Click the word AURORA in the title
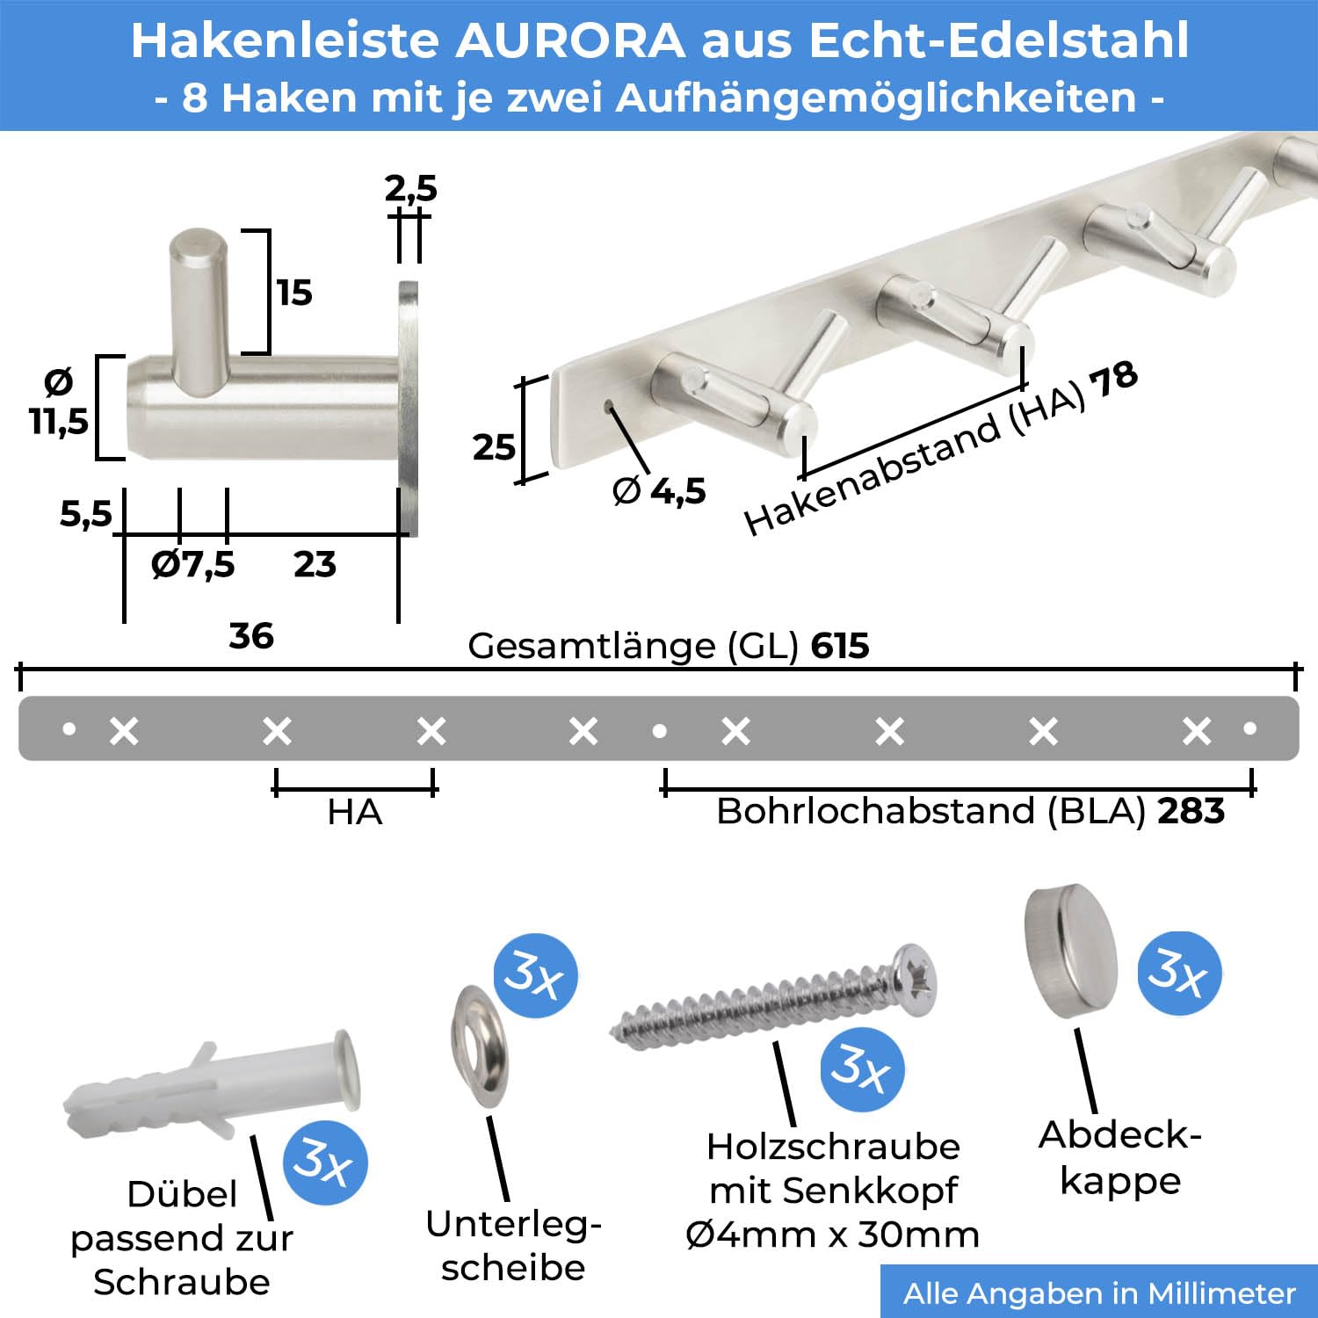[570, 40]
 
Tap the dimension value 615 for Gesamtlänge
[840, 646]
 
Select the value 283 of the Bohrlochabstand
[1191, 810]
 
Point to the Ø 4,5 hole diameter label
[659, 490]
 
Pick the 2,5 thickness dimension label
[410, 188]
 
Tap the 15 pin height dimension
[294, 293]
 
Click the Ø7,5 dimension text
[193, 564]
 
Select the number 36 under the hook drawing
[251, 635]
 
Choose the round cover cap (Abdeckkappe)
[1070, 951]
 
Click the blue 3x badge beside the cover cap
[1179, 973]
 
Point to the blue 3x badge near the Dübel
[325, 1162]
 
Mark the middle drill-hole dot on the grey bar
[659, 730]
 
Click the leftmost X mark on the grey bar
[124, 731]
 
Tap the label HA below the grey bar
[355, 812]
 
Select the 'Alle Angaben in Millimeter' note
[1099, 1293]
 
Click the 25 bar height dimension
[494, 447]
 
